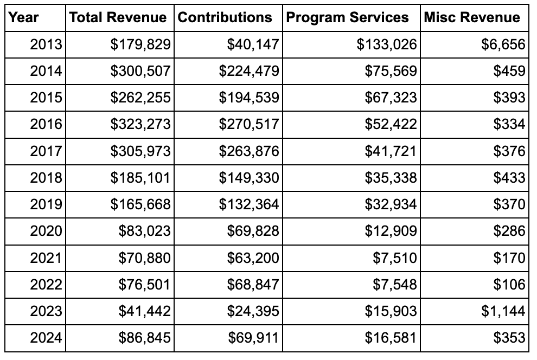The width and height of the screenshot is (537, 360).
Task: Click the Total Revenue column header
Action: tap(118, 17)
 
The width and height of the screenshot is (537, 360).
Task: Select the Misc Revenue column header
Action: tap(471, 17)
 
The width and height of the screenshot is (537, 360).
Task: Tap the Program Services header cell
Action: tap(347, 17)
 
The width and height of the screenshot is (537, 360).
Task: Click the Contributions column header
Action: tap(225, 17)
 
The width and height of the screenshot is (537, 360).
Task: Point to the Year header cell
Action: tap(24, 17)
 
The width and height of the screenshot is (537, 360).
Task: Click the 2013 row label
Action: tap(46, 44)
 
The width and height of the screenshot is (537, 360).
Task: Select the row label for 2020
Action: tap(46, 232)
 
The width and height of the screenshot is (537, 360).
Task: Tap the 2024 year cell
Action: tap(46, 338)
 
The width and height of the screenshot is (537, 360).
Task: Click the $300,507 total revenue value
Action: tap(140, 71)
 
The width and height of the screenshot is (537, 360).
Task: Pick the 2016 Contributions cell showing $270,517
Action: tap(248, 125)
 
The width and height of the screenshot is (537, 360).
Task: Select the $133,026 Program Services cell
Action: tap(386, 44)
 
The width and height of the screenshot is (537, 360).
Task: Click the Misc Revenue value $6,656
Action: tap(503, 44)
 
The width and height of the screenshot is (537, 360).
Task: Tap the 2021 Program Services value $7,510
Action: tap(394, 258)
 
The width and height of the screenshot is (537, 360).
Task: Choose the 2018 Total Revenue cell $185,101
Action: tap(140, 178)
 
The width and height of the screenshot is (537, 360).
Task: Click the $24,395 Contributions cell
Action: tap(253, 311)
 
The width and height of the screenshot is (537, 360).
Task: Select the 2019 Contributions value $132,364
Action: tap(248, 204)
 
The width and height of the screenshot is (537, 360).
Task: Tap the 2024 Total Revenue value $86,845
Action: tap(145, 338)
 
